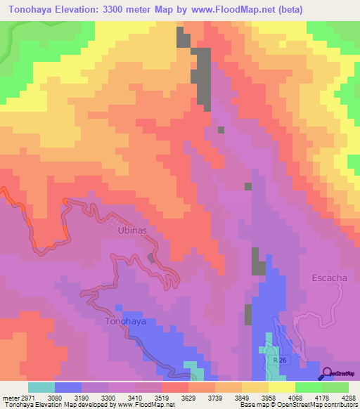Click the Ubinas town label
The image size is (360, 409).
(x=132, y=231)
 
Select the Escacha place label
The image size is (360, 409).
(x=330, y=278)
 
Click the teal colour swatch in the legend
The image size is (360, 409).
(x=41, y=387)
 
